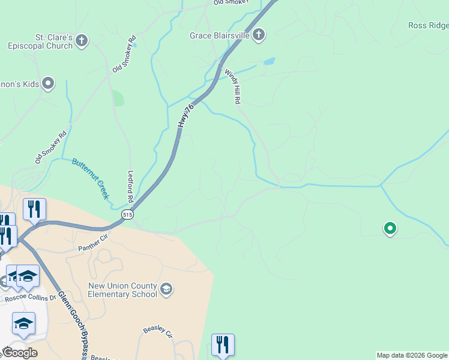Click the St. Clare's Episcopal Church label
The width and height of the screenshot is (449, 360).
(40, 41)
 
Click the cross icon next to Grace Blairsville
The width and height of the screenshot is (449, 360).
(259, 35)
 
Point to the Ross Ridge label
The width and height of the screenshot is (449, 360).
(428, 25)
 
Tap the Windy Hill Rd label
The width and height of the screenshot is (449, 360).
(235, 86)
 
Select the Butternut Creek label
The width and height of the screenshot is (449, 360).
(91, 178)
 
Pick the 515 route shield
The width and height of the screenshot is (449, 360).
(127, 214)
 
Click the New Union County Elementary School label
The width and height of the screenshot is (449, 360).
(122, 290)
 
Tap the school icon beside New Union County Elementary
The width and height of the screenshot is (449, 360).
(167, 290)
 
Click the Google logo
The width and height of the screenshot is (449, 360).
(19, 353)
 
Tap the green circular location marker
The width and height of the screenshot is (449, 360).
(390, 228)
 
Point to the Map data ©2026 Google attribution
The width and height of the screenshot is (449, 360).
(412, 355)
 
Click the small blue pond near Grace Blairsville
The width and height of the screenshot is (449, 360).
(269, 61)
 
